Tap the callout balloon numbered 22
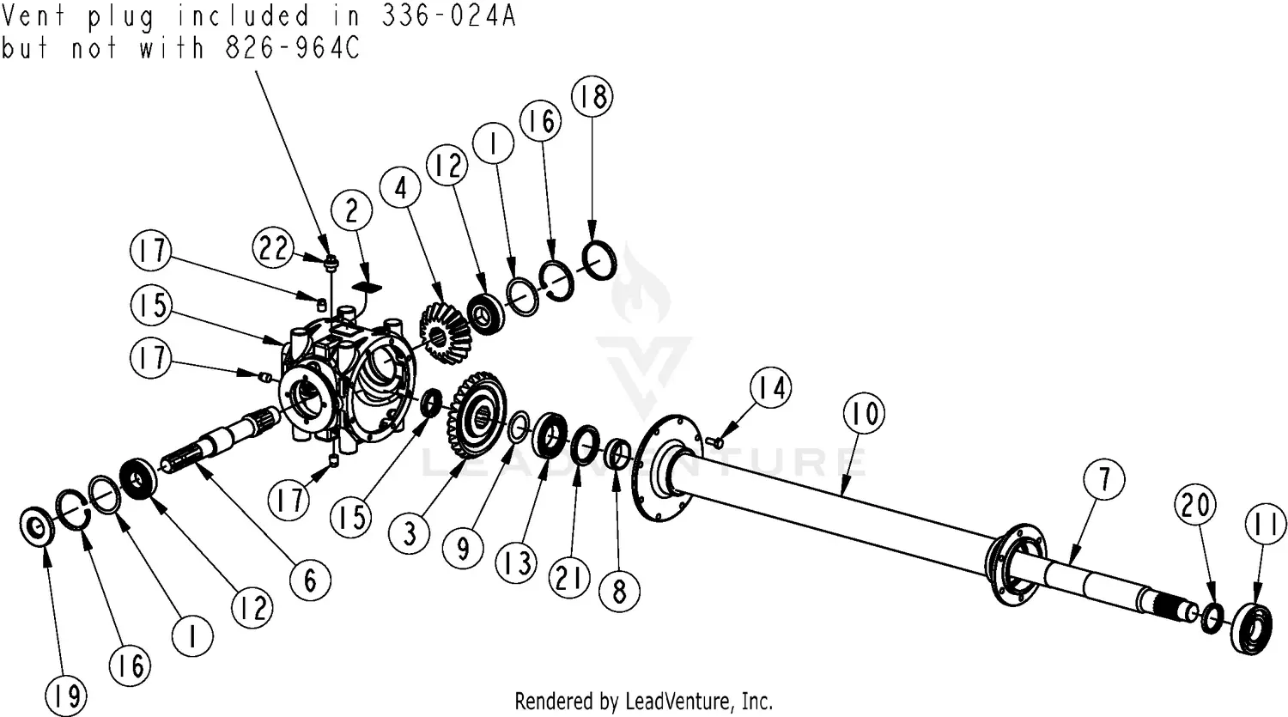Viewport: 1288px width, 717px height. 276,249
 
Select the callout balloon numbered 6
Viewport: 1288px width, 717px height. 309,581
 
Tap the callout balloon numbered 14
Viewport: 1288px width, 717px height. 770,389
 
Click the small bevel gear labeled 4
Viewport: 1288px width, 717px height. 443,327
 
